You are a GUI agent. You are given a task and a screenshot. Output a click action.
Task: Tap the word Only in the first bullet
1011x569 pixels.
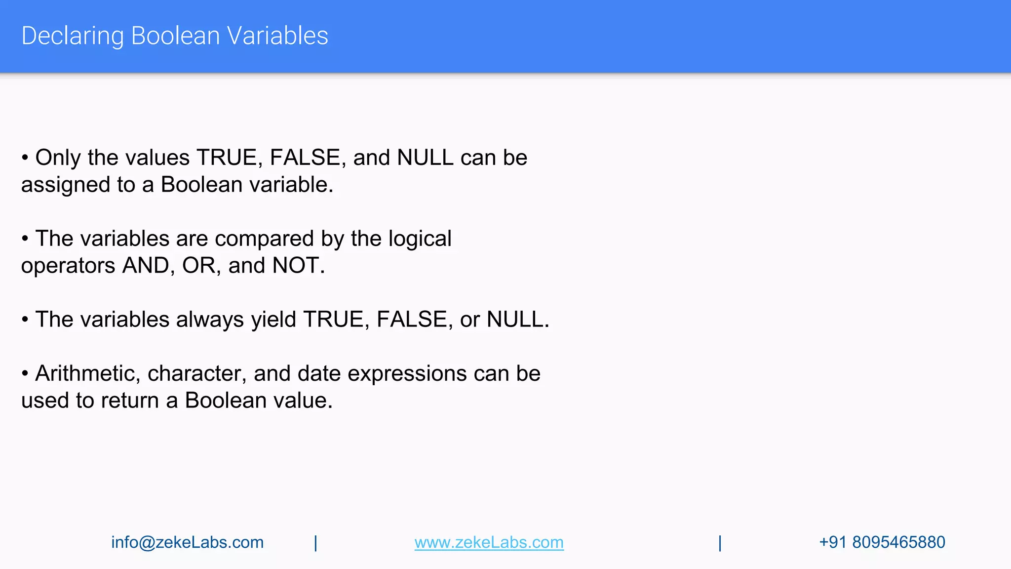pyautogui.click(x=58, y=158)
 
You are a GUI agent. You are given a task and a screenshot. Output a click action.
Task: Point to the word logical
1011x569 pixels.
pyautogui.click(x=420, y=239)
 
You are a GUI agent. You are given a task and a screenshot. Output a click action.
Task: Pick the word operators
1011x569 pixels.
pyautogui.click(x=68, y=266)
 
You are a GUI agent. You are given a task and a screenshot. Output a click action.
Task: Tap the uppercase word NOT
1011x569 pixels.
pyautogui.click(x=295, y=266)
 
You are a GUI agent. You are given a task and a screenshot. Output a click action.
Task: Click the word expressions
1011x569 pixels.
pyautogui.click(x=407, y=374)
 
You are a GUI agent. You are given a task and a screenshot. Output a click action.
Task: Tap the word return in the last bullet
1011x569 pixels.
pyautogui.click(x=130, y=401)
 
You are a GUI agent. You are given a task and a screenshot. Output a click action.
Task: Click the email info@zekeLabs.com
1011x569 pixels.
pyautogui.click(x=187, y=542)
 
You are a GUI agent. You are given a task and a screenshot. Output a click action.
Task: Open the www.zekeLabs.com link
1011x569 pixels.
pyautogui.click(x=489, y=542)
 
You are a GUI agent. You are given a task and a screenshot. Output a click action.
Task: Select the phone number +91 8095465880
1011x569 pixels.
pyautogui.click(x=882, y=542)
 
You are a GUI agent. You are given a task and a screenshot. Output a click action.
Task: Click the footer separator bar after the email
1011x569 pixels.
pyautogui.click(x=315, y=543)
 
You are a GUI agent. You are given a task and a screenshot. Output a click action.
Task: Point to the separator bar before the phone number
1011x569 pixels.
pyautogui.click(x=720, y=543)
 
